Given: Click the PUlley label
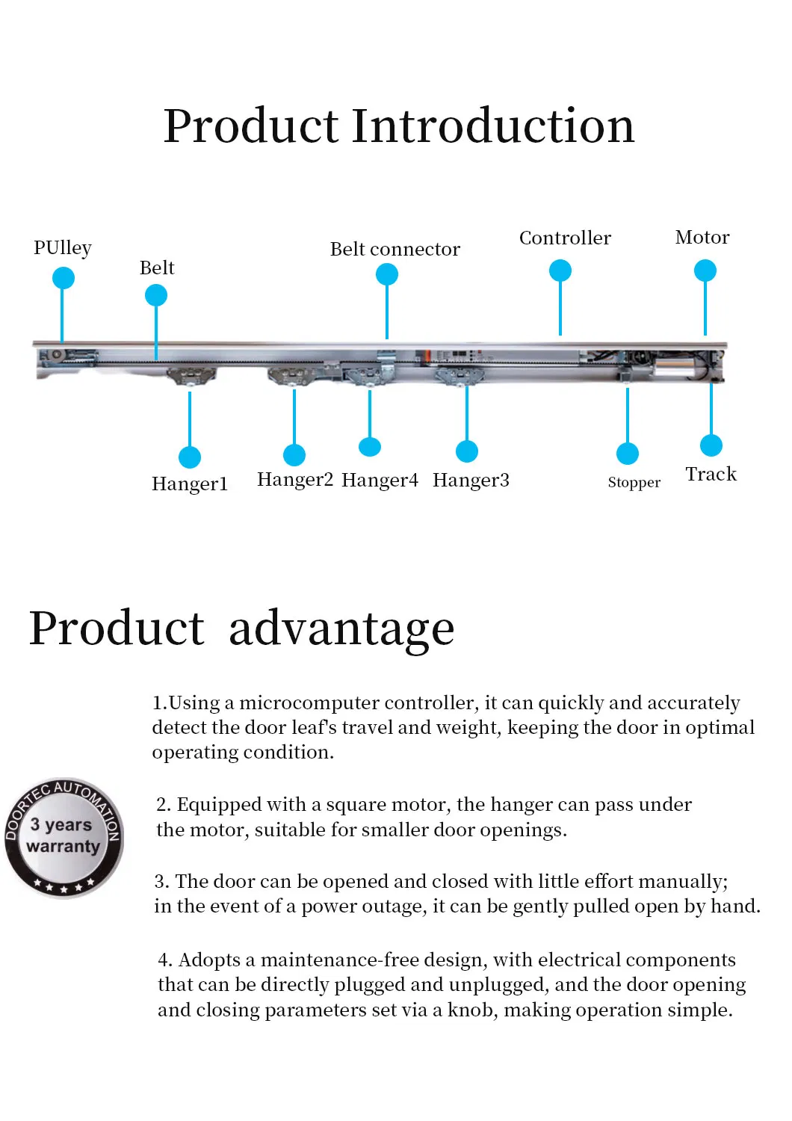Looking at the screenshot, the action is click(63, 248).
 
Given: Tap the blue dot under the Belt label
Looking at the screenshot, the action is click(156, 295).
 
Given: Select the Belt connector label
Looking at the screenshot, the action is click(395, 249).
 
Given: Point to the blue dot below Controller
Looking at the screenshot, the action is click(560, 271).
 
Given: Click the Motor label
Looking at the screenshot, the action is click(702, 237).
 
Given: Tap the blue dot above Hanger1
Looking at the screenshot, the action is click(190, 457).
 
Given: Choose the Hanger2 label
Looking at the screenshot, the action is click(295, 480).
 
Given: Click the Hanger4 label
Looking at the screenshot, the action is click(380, 480).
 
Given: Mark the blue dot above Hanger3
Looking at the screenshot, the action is click(467, 451).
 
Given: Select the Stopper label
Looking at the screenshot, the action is click(634, 483).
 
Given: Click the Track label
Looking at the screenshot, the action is click(711, 474).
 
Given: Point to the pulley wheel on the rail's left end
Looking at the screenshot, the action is click(57, 355).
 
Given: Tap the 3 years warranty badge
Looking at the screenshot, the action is click(64, 838).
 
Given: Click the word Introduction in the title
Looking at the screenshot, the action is click(493, 126).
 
